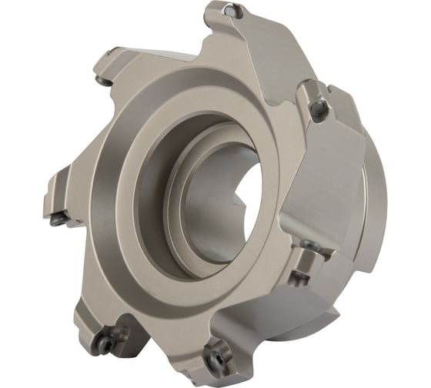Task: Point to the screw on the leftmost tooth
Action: click(x=58, y=219)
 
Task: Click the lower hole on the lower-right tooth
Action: click(x=302, y=274)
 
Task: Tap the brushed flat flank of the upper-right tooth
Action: click(x=342, y=154)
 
